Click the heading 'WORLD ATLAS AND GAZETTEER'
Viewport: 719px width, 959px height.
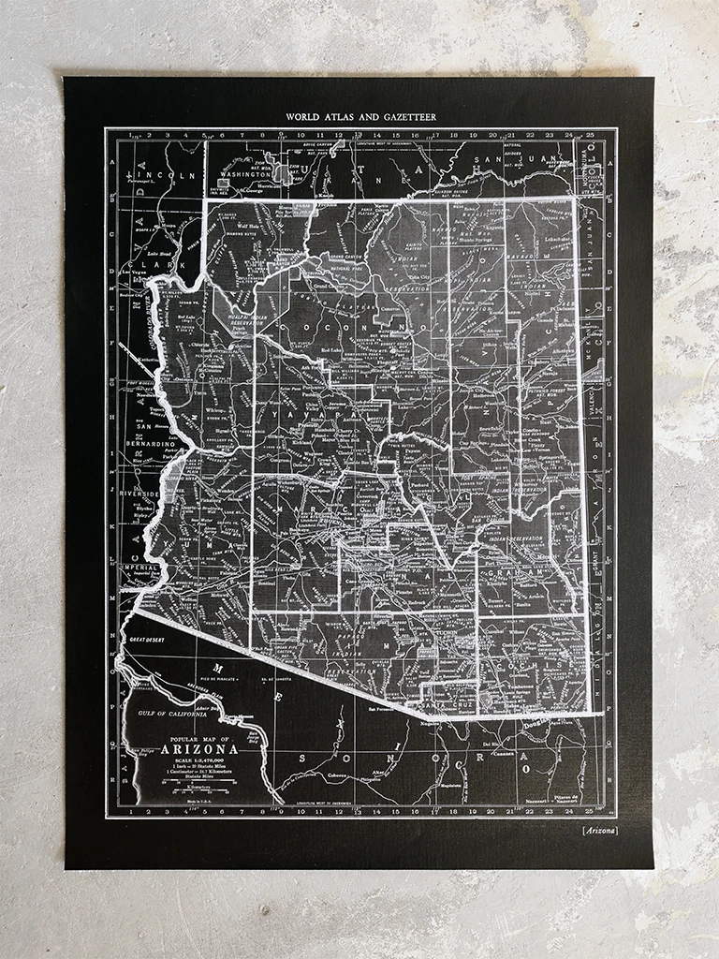[x=361, y=117]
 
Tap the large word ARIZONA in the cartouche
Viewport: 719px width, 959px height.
[x=199, y=748]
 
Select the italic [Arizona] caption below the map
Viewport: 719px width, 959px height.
[x=598, y=831]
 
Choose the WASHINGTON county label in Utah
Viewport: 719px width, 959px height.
[x=246, y=174]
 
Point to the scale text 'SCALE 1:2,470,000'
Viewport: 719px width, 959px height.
[x=198, y=759]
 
